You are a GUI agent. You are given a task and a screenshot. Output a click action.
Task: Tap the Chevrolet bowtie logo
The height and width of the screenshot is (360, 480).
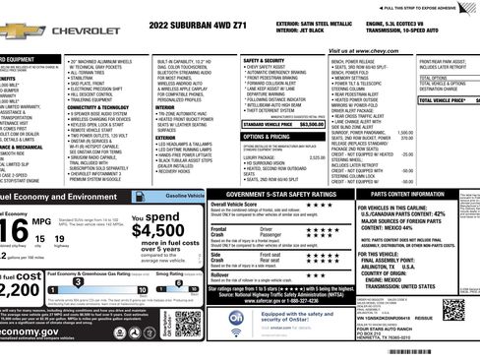[x=15, y=31]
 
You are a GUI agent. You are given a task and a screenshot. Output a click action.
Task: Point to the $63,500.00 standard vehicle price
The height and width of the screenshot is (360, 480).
[x=311, y=125]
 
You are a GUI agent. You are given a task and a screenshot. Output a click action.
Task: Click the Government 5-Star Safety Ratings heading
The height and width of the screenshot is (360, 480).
[x=273, y=195]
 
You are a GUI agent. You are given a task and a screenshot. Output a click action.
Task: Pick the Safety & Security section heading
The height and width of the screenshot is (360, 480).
[x=264, y=59]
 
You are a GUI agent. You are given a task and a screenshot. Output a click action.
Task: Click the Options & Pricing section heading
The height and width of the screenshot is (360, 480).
[x=265, y=136]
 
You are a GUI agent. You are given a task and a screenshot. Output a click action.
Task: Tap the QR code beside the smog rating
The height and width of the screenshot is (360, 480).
[x=188, y=324]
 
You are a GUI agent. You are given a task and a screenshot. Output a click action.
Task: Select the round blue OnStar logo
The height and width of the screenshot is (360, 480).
[x=237, y=322]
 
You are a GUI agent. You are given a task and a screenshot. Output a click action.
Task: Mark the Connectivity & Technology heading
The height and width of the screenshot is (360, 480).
[x=98, y=107]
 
